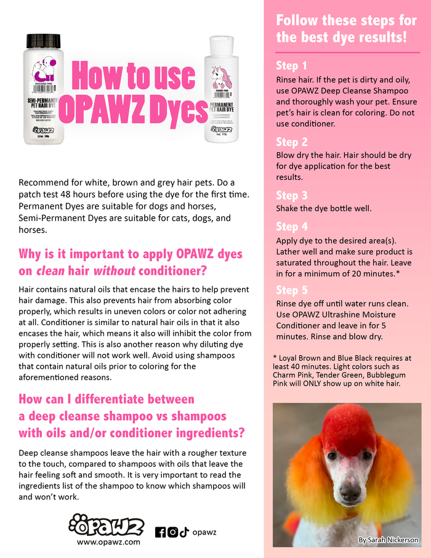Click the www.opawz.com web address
pos(108,542)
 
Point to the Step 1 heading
pos(291,66)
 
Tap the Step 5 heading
pos(291,290)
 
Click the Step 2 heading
pos(291,142)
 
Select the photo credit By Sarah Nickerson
pos(389,540)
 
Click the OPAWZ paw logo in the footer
pos(107,526)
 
